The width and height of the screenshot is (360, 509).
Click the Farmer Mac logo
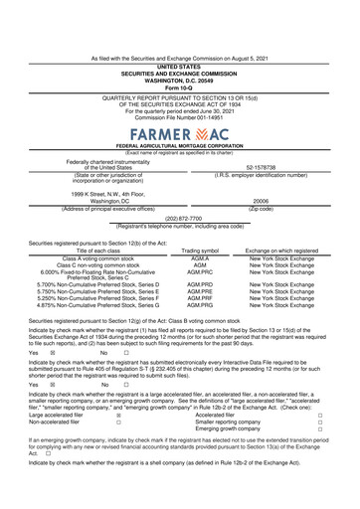[x=180, y=132]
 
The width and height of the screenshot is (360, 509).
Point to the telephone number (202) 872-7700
[x=180, y=218]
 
